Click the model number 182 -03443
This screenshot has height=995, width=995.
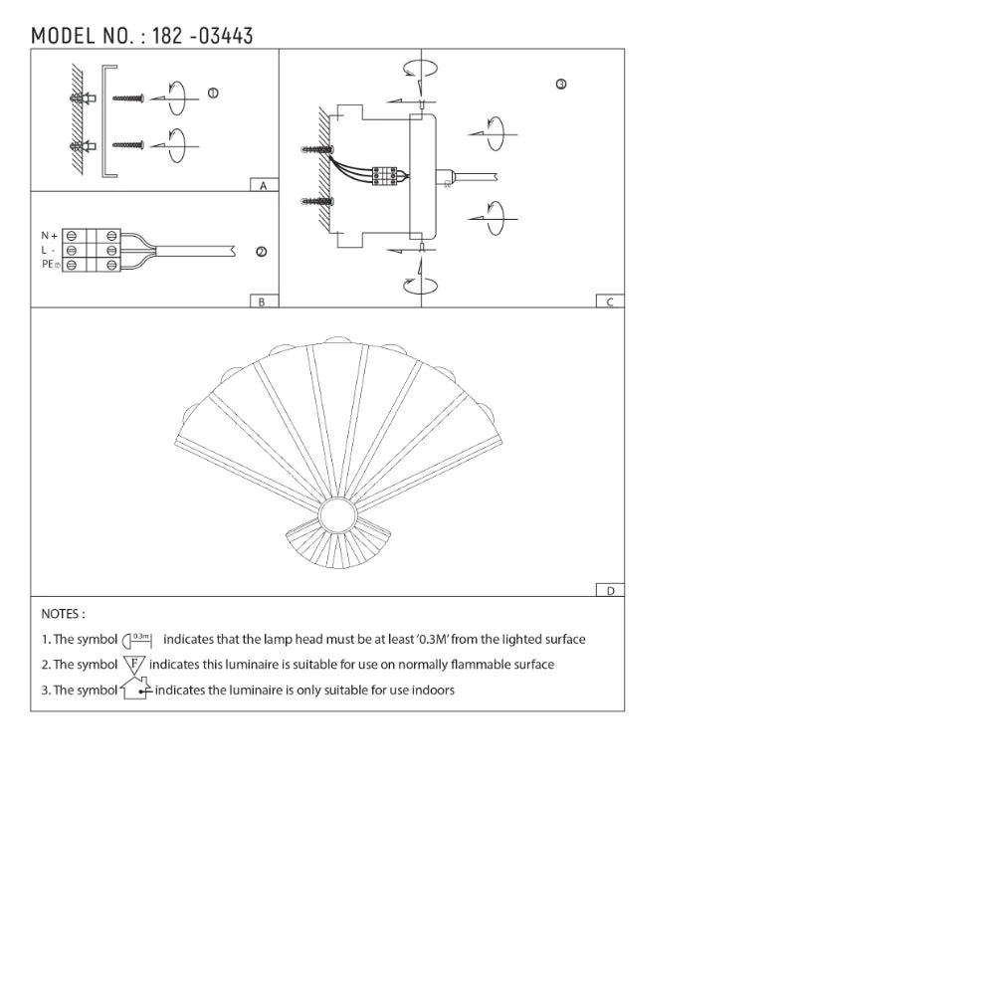coord(203,36)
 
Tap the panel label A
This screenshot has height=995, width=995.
coord(263,186)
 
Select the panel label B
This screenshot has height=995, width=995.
coord(262,301)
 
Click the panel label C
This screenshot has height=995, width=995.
coord(610,301)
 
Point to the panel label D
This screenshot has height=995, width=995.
coord(610,590)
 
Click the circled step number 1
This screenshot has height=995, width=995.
coord(213,93)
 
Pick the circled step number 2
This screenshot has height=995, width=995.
coord(261,252)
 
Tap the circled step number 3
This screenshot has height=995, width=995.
coord(561,85)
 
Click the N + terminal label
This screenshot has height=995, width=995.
coord(49,236)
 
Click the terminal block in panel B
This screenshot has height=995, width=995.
coord(92,251)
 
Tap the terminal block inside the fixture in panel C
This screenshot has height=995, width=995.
coord(385,175)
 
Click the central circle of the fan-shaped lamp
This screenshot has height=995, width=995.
coord(336,517)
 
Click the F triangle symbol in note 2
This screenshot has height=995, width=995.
coord(134,664)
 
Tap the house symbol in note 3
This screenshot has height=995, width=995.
coord(135,689)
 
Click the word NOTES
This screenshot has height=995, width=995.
coord(63,614)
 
